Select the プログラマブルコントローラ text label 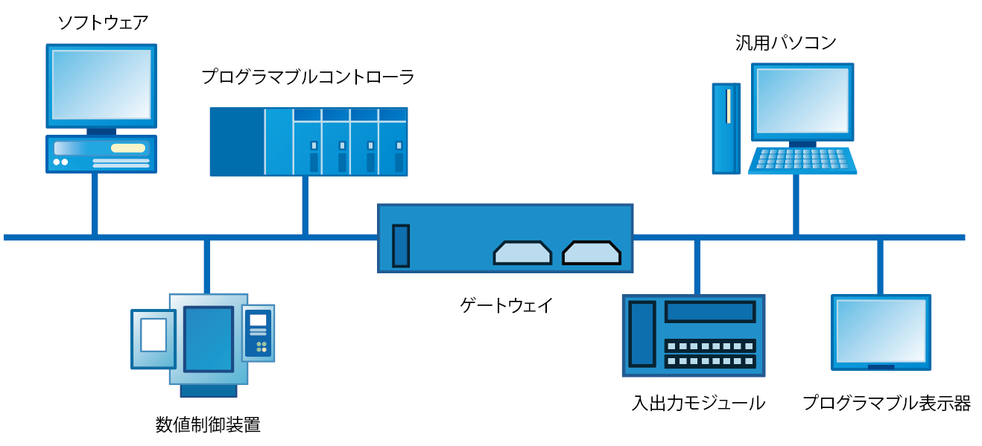(308, 77)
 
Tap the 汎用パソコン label (785, 43)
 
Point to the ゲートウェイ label (506, 305)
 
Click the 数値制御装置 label (208, 425)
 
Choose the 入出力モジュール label (698, 404)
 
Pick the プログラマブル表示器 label (887, 404)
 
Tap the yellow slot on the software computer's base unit (128, 147)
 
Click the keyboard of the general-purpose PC (802, 160)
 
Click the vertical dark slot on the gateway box (401, 246)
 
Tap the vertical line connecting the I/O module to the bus (697, 267)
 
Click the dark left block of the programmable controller (237, 141)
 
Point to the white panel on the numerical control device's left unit (153, 335)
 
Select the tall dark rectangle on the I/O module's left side (642, 333)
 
